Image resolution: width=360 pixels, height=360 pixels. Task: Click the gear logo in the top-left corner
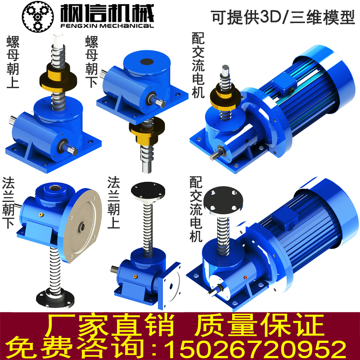coord(38,17)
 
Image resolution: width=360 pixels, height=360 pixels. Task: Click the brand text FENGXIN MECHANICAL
coord(107,26)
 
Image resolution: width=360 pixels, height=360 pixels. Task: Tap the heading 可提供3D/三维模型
coord(283,17)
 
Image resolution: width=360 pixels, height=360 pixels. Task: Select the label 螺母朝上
coord(13,62)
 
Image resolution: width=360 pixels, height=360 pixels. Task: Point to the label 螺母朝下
coord(92,62)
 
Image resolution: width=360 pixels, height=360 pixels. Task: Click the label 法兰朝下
coord(8,203)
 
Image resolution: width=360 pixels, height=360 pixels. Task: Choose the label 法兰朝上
coord(114,202)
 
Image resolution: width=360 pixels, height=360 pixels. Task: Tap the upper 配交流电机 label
coord(198,65)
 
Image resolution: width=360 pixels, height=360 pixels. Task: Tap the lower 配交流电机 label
coord(196,209)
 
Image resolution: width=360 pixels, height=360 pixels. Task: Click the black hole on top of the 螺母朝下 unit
coord(147,62)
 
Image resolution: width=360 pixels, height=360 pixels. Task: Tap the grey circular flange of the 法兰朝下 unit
coord(82,227)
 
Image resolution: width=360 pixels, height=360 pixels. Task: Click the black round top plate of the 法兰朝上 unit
coord(148,191)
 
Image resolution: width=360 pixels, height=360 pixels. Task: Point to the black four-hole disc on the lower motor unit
coord(223,199)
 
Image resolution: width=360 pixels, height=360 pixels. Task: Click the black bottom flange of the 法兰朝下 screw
coord(55,298)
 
